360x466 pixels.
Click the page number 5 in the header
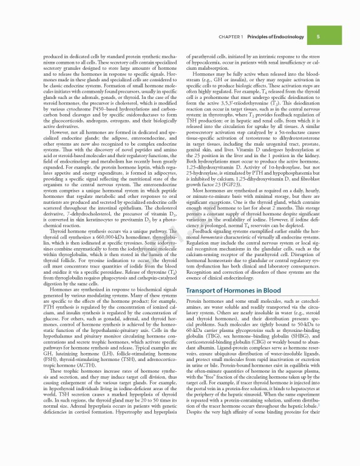pos(318,36)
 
